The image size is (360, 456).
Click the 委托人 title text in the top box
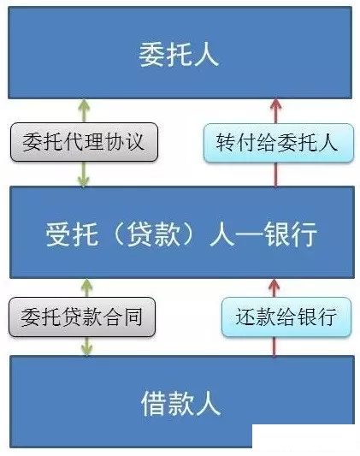coord(179,55)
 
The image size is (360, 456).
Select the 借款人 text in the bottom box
coord(180,403)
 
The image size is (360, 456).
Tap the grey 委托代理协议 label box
coord(85,142)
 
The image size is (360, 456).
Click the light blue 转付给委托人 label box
coord(279,143)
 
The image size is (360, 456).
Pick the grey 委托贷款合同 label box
coord(82,317)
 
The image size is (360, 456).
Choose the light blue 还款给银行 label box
coord(286,317)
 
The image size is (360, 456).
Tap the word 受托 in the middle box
coord(72,234)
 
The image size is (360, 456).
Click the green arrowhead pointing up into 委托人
coord(84,105)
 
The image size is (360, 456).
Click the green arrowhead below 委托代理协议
coord(84,181)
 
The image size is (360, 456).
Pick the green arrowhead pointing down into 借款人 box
coord(86,349)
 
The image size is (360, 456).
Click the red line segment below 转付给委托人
coord(275,175)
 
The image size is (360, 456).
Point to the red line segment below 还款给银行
coord(274,346)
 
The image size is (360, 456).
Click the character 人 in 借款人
coord(209,403)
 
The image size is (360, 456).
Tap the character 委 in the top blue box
coord(151,55)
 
